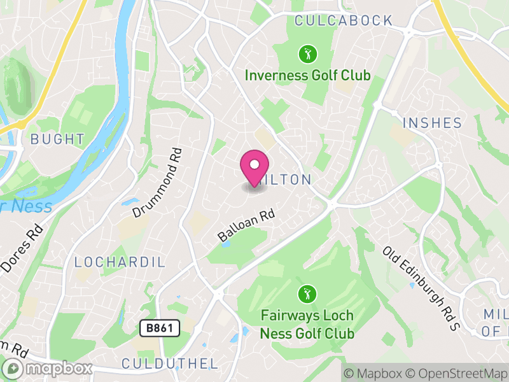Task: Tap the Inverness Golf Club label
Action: coord(307,76)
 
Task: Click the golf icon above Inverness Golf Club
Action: coord(307,53)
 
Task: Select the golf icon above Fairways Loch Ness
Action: coord(307,294)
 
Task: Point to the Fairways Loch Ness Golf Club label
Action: coord(307,324)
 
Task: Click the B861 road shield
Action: coord(160,329)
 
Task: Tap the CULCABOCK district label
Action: coord(344,21)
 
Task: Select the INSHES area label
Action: coord(432,122)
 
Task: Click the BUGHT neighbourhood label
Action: coord(57,139)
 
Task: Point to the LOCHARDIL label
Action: coord(120,262)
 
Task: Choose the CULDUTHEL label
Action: coord(169,364)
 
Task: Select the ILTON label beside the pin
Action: coord(290,180)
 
